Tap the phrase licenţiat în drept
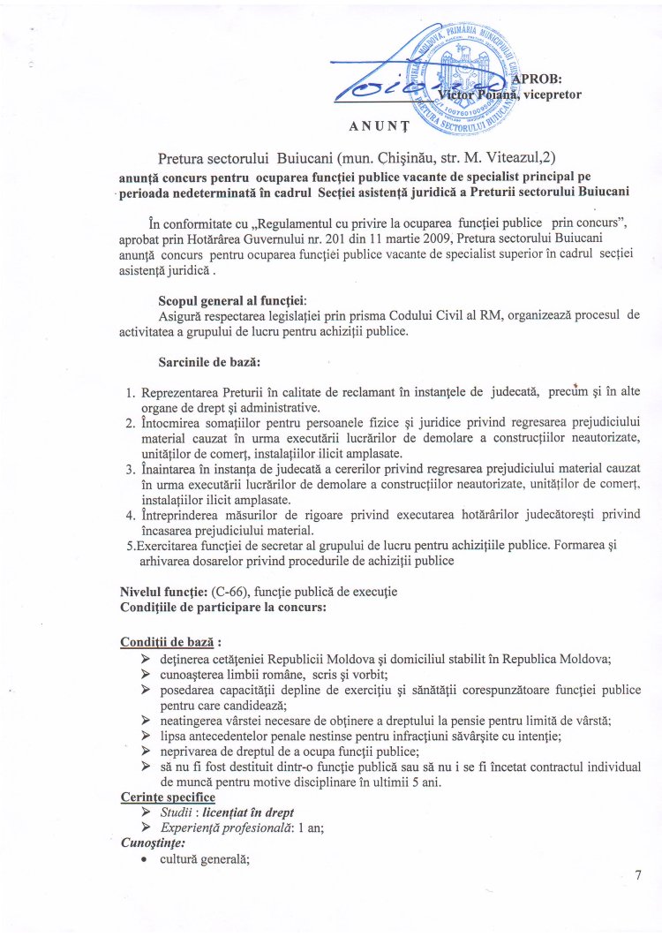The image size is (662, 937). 252,812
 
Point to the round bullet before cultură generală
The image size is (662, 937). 143,859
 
